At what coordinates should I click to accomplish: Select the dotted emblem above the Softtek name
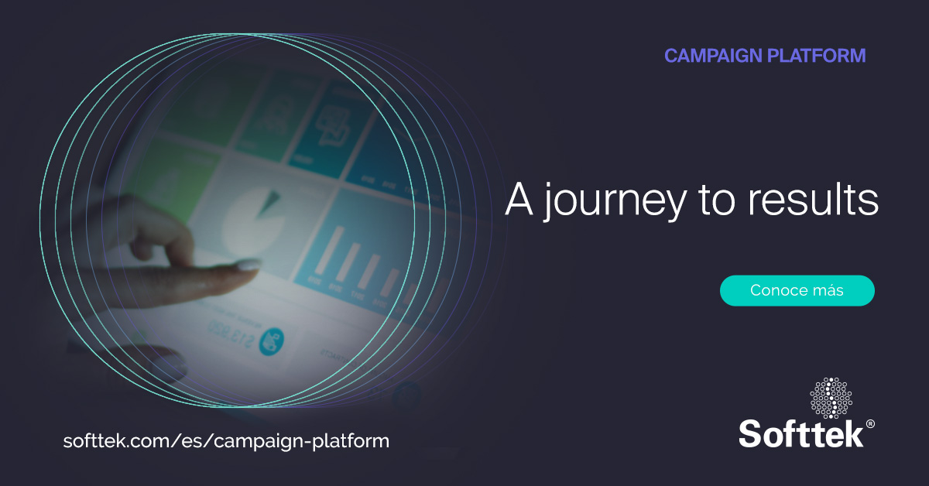coord(831,398)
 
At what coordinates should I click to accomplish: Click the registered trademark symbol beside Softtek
coord(870,424)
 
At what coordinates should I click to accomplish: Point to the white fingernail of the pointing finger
coord(247,265)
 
